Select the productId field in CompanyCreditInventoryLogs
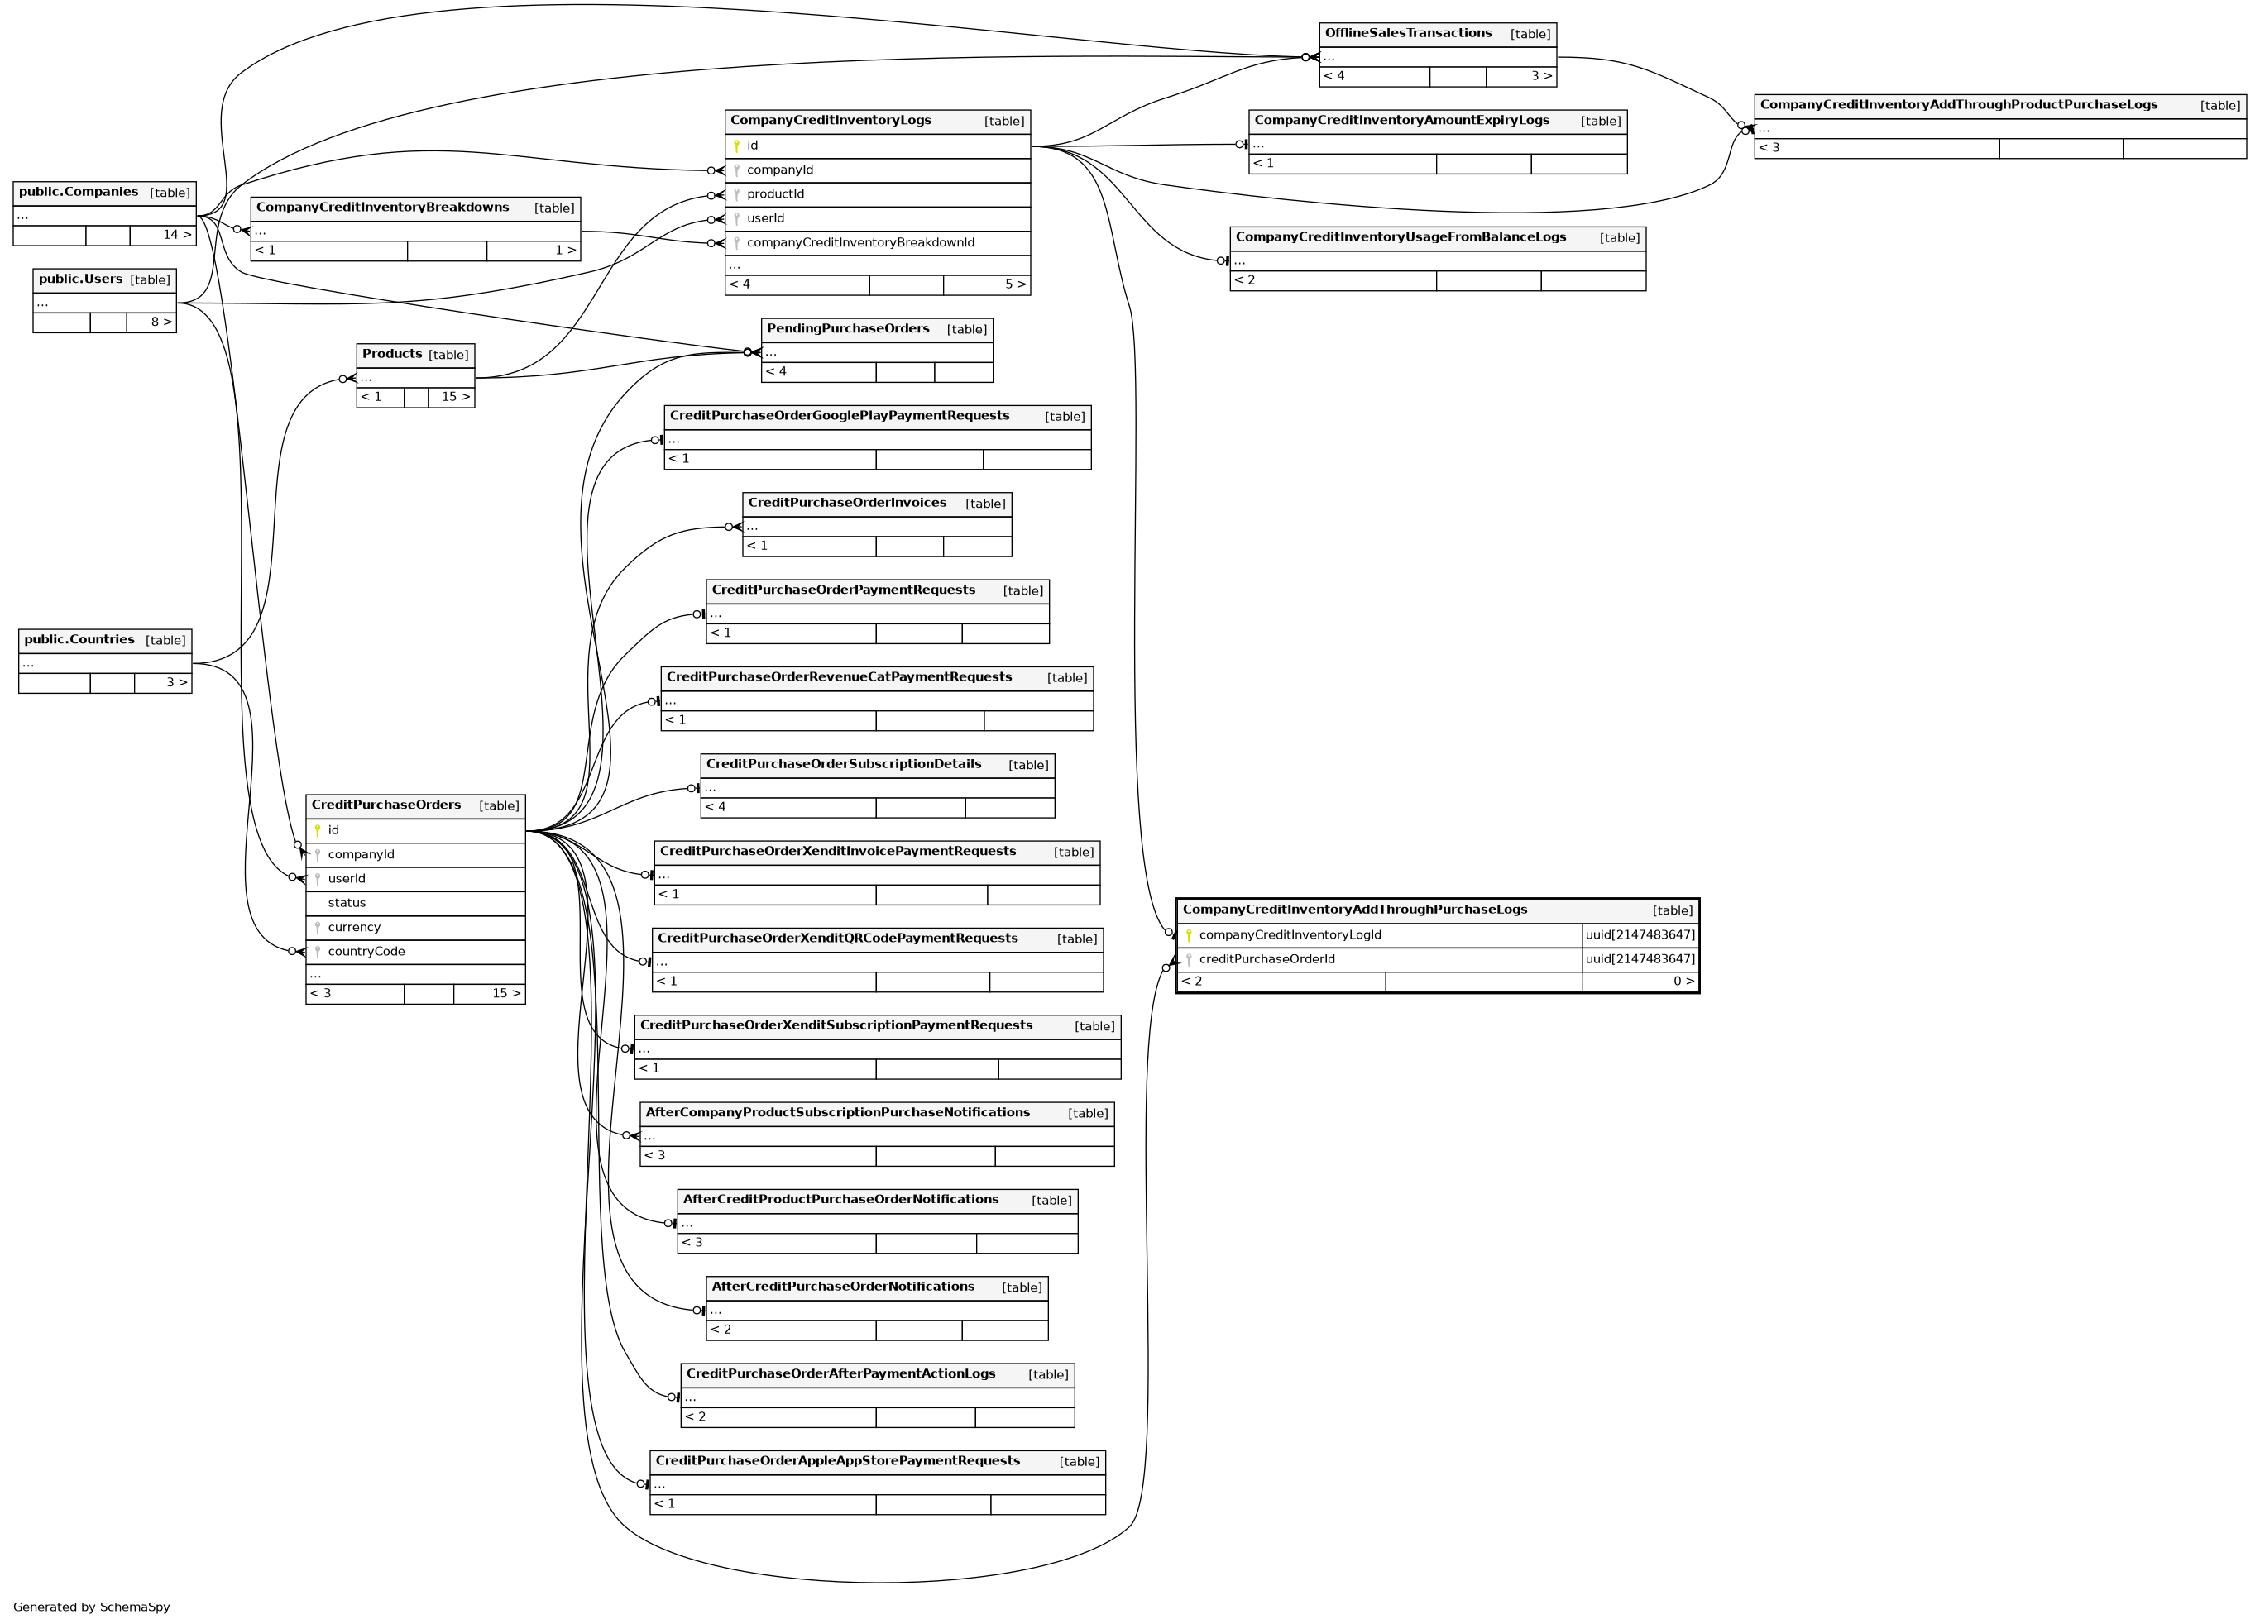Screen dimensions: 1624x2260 pos(774,194)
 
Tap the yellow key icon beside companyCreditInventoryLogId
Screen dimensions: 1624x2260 pos(1188,935)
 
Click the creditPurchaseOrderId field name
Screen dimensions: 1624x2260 pos(1266,959)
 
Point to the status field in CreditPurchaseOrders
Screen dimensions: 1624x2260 pos(346,904)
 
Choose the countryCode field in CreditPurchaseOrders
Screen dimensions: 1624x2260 pos(366,952)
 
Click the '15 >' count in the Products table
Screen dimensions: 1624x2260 pos(455,398)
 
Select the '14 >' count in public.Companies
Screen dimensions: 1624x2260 pos(176,235)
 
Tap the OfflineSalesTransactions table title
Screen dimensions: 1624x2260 pos(1407,34)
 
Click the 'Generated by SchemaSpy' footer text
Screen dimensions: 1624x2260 pos(92,1607)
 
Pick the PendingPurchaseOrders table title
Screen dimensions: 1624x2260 pos(847,329)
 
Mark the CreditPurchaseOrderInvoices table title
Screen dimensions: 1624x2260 pos(846,503)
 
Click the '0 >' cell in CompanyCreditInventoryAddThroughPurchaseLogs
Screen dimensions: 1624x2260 pos(1683,982)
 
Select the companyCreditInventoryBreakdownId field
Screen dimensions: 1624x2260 pos(860,243)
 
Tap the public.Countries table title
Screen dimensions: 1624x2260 pos(79,640)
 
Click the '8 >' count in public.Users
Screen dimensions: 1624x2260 pos(160,322)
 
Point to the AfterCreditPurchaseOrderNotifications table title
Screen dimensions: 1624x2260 pos(842,1287)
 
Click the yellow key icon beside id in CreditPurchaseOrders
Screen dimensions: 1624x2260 pos(317,831)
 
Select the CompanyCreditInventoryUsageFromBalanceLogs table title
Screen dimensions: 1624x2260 pos(1400,237)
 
